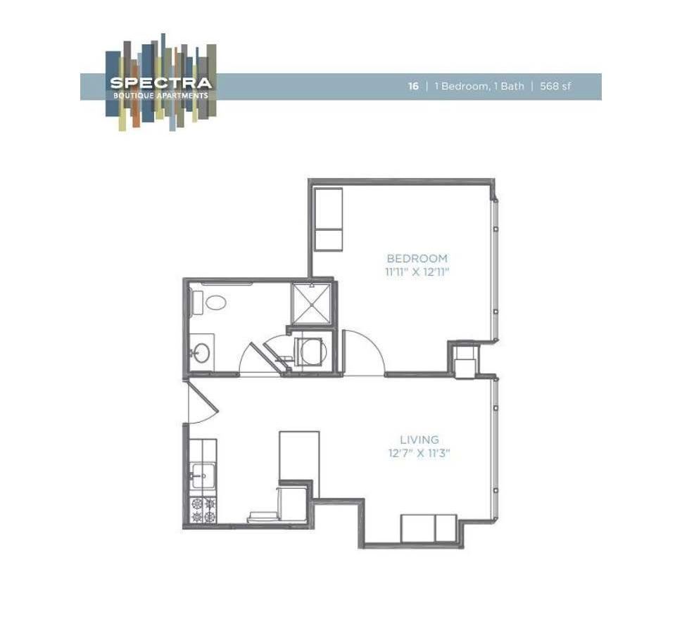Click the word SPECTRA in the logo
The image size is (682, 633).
coord(160,82)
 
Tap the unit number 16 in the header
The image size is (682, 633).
coord(414,87)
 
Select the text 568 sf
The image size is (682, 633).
coord(555,87)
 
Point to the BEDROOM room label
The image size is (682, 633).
coord(417,259)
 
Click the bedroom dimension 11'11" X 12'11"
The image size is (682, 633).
coord(417,272)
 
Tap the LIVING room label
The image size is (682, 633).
coord(419,440)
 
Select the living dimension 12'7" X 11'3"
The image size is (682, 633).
coord(419,454)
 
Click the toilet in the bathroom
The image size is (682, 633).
coord(212,303)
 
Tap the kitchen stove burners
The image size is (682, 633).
coord(203,510)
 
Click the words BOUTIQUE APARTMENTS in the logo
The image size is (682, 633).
coord(160,95)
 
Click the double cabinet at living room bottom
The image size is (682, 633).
coord(429,528)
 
